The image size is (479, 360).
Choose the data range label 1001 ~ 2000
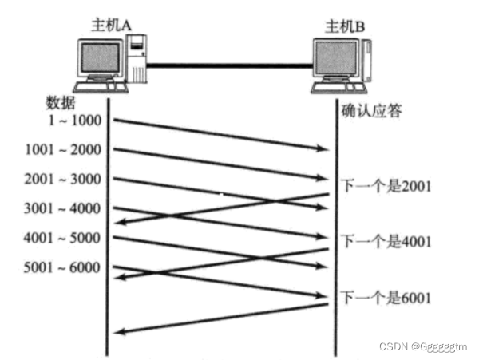62,149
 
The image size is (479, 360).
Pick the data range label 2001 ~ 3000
62,179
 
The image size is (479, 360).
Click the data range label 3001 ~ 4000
62,208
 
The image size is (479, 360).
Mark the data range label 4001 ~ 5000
62,238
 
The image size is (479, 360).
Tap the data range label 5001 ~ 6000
62,267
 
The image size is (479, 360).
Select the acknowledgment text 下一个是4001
386,240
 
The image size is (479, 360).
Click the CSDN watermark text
424,347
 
